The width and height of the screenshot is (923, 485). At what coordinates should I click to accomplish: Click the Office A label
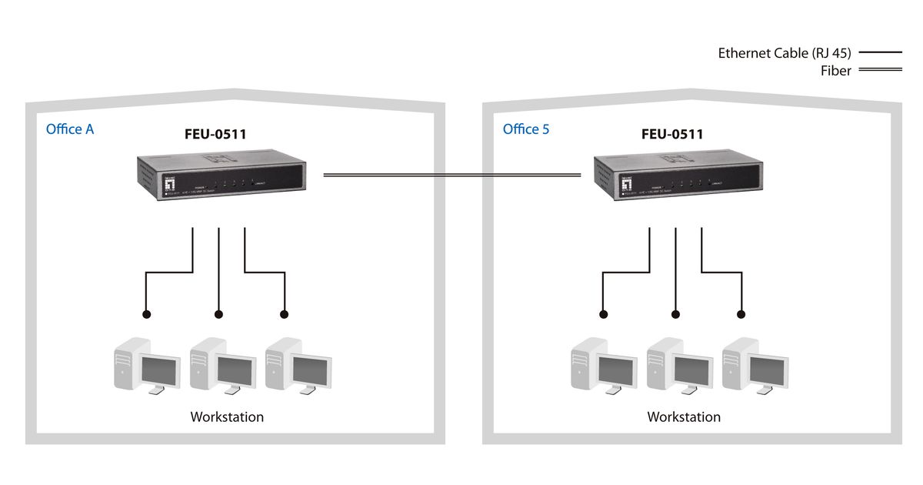click(x=70, y=129)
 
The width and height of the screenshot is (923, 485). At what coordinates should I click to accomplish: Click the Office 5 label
click(x=526, y=129)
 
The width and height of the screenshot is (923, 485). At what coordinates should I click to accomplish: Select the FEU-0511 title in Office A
click(x=215, y=134)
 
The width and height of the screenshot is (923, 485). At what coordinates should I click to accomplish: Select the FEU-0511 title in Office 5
click(x=672, y=134)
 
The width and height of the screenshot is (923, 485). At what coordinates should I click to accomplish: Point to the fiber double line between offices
click(x=452, y=176)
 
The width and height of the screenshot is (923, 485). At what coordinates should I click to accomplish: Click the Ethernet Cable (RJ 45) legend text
click(x=785, y=53)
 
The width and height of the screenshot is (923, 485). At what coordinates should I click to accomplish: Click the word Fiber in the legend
click(x=835, y=71)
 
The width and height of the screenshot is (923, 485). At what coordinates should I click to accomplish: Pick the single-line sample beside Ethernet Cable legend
click(x=880, y=53)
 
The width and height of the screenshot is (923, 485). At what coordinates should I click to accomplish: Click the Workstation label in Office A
click(x=227, y=417)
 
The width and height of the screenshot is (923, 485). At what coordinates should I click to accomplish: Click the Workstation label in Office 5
click(x=684, y=417)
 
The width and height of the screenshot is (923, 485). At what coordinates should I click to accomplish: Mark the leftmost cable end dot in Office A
click(x=145, y=314)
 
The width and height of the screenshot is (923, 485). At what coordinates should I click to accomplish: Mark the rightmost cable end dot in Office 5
click(x=742, y=314)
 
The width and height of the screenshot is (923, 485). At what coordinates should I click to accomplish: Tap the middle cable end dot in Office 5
click(x=676, y=314)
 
